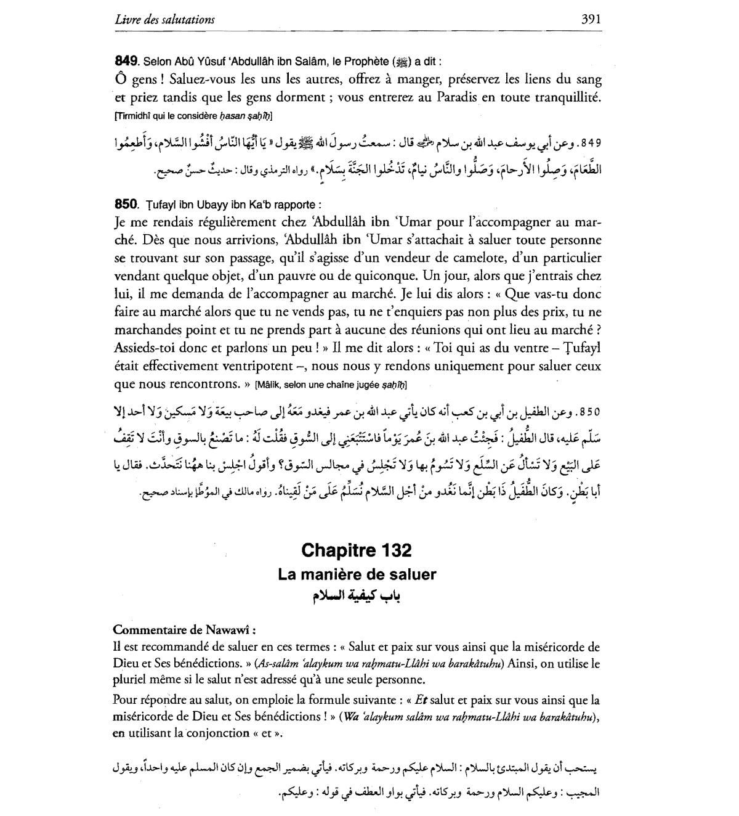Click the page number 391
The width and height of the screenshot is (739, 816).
coord(591,19)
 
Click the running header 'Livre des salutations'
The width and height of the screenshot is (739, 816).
coord(164,20)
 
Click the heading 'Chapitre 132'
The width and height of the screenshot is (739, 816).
coord(357,550)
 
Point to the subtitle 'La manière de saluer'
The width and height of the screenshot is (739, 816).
coord(357,574)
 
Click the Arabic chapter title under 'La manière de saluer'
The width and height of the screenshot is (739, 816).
coord(357,595)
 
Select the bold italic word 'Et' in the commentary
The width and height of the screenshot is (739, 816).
coord(421,700)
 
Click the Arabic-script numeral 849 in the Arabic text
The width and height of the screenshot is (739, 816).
coord(589,144)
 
